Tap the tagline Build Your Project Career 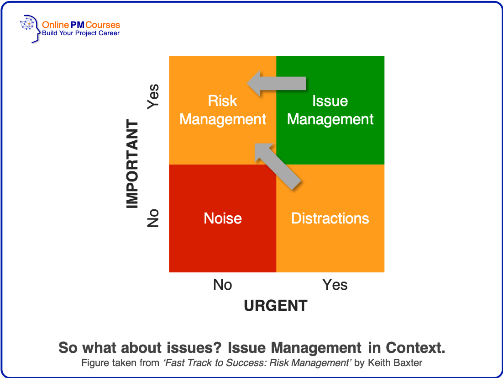point(81,33)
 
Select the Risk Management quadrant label point(223,110)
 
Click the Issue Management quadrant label point(330,110)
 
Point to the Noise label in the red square point(223,218)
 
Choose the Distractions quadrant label point(330,218)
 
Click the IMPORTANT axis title point(132,164)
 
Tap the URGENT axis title point(276,305)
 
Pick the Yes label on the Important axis point(153,96)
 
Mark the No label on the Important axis point(153,218)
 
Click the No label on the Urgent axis point(223,285)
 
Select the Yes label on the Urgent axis point(335,285)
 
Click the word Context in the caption point(415,348)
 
